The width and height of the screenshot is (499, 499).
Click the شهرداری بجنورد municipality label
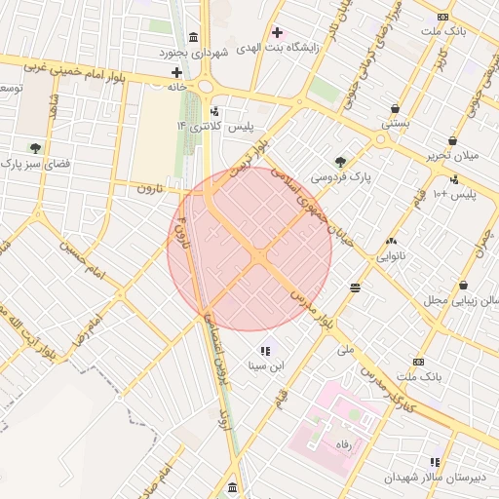click(x=194, y=53)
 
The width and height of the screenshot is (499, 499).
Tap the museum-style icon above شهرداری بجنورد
click(x=194, y=35)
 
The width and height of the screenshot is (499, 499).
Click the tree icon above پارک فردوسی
click(x=340, y=162)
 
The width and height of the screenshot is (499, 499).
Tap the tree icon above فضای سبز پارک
click(x=36, y=148)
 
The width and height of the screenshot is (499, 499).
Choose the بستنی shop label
click(x=394, y=124)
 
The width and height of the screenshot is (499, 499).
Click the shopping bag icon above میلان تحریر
click(x=452, y=141)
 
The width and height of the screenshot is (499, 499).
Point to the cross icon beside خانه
click(x=176, y=72)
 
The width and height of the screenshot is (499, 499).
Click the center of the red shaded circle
click(x=249, y=250)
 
